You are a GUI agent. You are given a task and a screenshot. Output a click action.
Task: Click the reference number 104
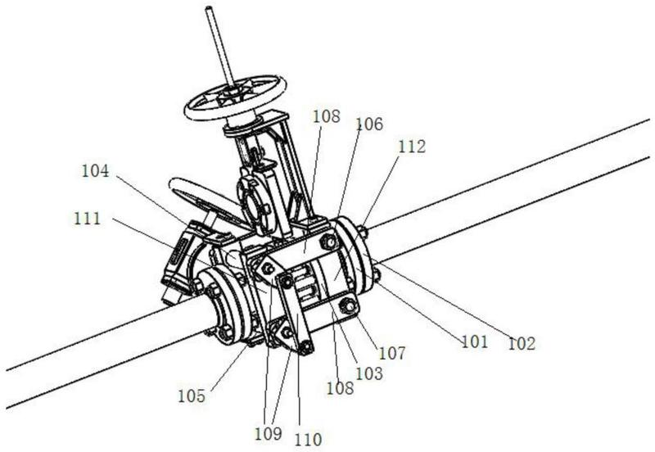point(95,171)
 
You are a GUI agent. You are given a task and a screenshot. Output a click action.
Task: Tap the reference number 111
point(88,219)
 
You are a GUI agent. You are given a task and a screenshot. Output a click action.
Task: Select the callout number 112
point(412,147)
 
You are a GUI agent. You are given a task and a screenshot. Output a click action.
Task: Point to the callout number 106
point(369,124)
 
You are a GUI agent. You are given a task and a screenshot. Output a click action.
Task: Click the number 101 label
point(475,341)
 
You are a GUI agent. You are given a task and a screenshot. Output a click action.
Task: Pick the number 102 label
point(522,343)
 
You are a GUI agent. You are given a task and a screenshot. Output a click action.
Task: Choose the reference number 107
point(392,354)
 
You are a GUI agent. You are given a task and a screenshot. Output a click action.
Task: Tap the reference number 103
point(369,373)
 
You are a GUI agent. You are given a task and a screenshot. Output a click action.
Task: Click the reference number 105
point(192,396)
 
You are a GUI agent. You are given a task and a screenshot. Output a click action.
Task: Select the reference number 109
point(269,434)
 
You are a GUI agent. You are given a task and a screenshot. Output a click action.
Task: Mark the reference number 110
point(309,440)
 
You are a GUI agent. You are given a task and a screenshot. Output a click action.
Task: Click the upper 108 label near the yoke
point(327,116)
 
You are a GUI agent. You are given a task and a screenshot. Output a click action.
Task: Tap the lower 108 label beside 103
point(340,388)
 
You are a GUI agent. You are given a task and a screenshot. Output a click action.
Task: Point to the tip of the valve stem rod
point(209,7)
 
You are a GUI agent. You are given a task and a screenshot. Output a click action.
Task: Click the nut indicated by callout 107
point(348,305)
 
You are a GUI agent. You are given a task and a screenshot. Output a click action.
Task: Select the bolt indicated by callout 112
point(363,232)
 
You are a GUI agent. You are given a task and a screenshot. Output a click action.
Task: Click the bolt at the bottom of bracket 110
point(306,347)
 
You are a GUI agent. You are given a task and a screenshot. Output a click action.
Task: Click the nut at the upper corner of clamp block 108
point(329,242)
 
